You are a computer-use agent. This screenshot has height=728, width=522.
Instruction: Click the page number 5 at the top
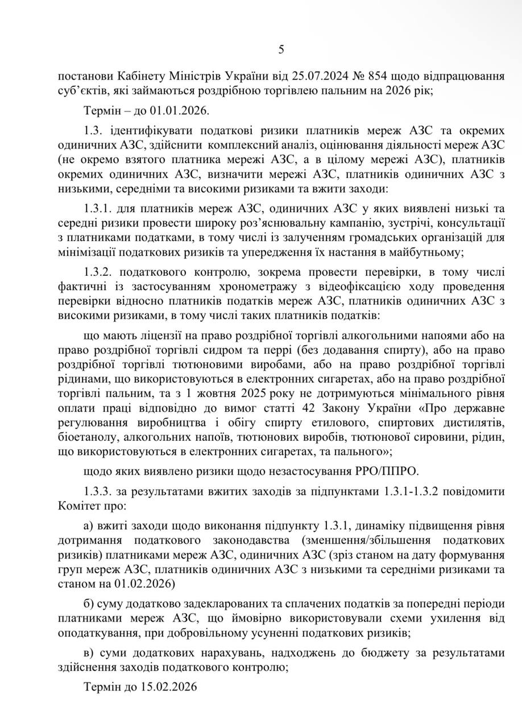click(x=281, y=49)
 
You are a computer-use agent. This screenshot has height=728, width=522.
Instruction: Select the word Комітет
click(x=77, y=504)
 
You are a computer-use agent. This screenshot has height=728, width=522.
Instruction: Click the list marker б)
click(x=88, y=603)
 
